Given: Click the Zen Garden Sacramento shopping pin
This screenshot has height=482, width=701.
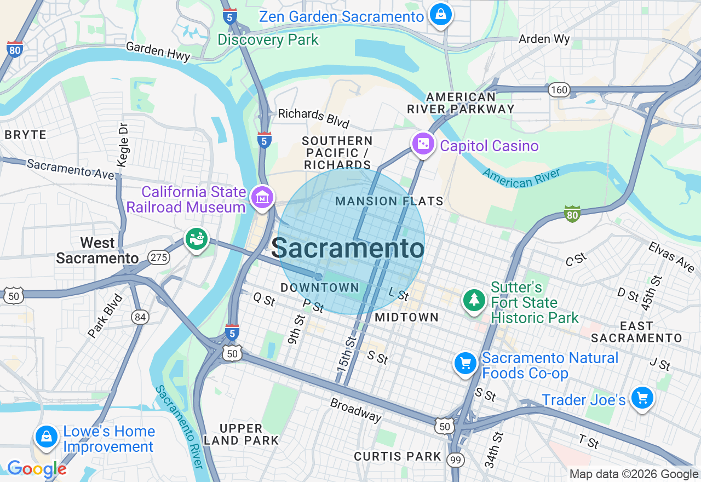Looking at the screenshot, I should (x=440, y=15).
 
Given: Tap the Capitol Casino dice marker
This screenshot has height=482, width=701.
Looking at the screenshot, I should (x=423, y=145).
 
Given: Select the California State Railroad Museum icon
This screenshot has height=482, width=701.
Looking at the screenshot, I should (x=262, y=198).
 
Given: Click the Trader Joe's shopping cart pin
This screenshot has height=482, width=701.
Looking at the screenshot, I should (x=641, y=398).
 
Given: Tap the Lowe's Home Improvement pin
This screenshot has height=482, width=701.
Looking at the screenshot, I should (x=47, y=437).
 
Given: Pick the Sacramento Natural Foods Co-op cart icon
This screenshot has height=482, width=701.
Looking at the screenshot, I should (x=465, y=363).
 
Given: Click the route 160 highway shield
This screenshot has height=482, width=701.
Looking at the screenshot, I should (x=560, y=90).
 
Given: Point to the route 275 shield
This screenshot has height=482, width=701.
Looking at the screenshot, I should (x=159, y=258).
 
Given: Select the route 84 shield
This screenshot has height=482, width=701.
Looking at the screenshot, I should (x=140, y=317).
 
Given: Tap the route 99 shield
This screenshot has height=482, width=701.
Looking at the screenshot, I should (x=455, y=460).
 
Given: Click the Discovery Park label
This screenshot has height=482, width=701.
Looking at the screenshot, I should (x=268, y=40).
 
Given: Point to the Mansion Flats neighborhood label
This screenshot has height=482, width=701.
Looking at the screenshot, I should (x=389, y=202).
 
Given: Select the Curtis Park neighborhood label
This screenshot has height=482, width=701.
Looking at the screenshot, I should (x=398, y=456).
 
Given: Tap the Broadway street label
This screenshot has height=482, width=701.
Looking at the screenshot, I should (x=355, y=409).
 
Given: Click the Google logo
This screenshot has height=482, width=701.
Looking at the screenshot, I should (x=37, y=469).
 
